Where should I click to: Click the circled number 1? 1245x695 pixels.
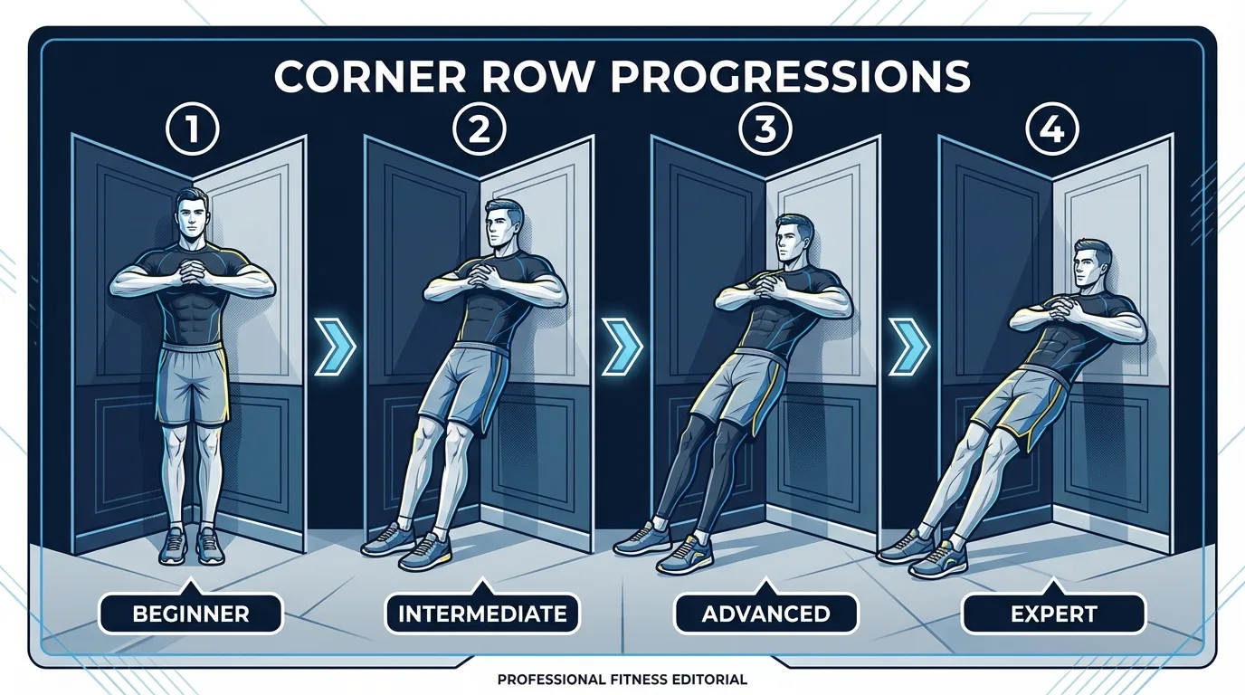pos(191,130)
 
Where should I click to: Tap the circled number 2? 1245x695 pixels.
pos(478,130)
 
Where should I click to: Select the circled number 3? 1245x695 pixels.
pos(765,130)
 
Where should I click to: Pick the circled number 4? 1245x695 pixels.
pos(1052,130)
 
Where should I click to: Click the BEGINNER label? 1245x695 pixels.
pos(191,614)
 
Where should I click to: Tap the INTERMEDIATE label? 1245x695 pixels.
pos(482,614)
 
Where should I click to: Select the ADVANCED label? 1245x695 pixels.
pos(765,614)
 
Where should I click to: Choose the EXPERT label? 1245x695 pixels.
pos(1053,614)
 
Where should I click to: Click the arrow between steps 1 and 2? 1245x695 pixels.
pos(335,345)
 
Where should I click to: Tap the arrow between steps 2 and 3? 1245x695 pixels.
pos(622,345)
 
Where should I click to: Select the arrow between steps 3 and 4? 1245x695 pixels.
pos(909,345)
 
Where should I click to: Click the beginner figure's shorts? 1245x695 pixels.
pos(192,385)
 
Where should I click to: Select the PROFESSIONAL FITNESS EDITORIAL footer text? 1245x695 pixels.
pos(622,679)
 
